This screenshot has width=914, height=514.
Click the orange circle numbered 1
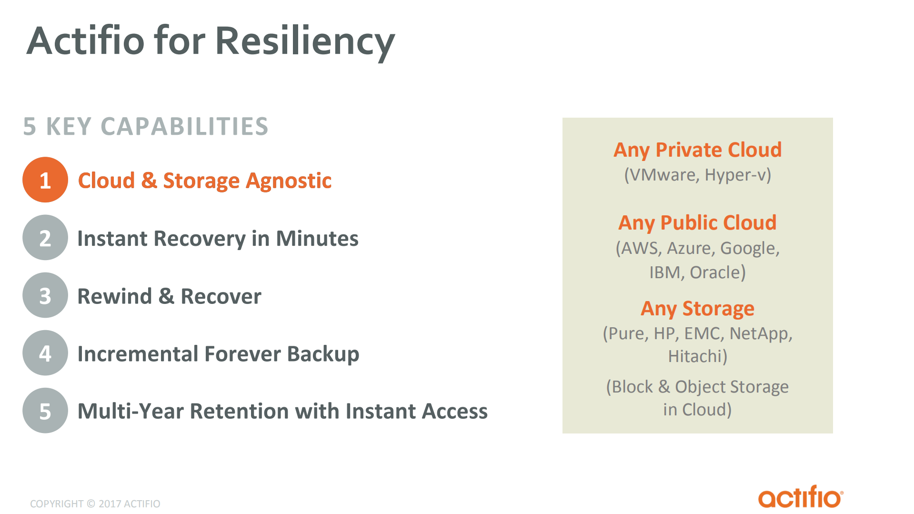click(45, 180)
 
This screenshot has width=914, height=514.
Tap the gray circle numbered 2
click(45, 238)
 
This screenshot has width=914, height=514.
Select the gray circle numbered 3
click(45, 295)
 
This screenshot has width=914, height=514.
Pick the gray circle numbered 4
click(45, 353)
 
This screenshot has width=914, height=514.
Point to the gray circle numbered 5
click(45, 411)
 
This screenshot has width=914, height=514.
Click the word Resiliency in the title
click(305, 42)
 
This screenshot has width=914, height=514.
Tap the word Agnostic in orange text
click(289, 181)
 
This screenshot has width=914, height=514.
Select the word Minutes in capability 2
click(317, 239)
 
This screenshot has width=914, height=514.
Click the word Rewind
click(115, 296)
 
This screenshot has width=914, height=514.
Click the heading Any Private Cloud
click(697, 150)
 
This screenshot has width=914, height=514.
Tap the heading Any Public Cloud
click(697, 223)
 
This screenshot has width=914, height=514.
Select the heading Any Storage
click(697, 309)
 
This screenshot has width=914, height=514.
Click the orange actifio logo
click(800, 497)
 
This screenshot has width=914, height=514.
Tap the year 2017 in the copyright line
click(110, 504)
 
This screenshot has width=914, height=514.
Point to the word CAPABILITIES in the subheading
click(184, 127)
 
